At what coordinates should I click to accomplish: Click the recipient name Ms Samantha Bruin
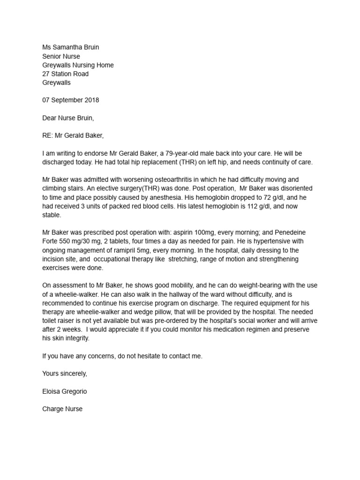[70, 47]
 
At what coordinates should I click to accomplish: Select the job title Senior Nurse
[61, 56]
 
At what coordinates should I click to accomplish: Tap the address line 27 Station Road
[65, 74]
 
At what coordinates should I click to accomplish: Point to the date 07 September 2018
[70, 100]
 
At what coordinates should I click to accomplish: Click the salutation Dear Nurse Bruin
[68, 118]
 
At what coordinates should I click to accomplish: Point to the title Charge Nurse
[62, 409]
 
